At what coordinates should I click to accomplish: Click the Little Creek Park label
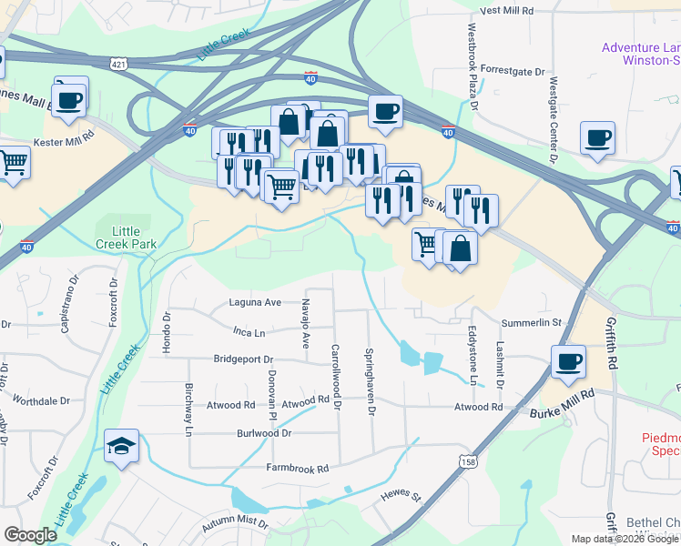127,238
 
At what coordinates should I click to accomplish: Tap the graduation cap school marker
122,446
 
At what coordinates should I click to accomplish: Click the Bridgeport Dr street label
243,359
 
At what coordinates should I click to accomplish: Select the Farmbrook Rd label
297,468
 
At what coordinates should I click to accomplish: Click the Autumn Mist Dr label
237,524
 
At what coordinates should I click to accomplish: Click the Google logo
31,535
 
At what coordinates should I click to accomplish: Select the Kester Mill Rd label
64,143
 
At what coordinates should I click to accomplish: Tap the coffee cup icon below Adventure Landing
598,137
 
